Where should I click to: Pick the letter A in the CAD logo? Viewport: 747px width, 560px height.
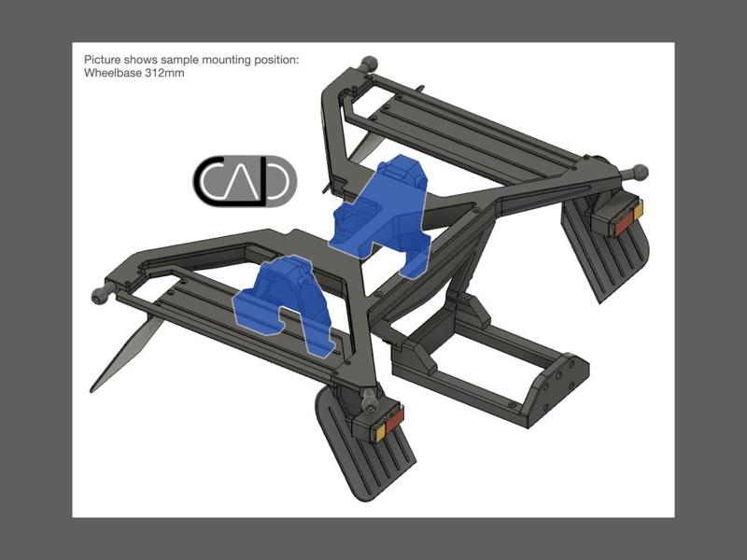244,182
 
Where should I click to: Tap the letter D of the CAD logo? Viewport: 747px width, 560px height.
276,181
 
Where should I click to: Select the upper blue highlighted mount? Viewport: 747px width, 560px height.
383,210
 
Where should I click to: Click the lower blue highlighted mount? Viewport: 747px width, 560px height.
285,303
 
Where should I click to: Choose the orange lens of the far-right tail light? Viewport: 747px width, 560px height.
638,214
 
